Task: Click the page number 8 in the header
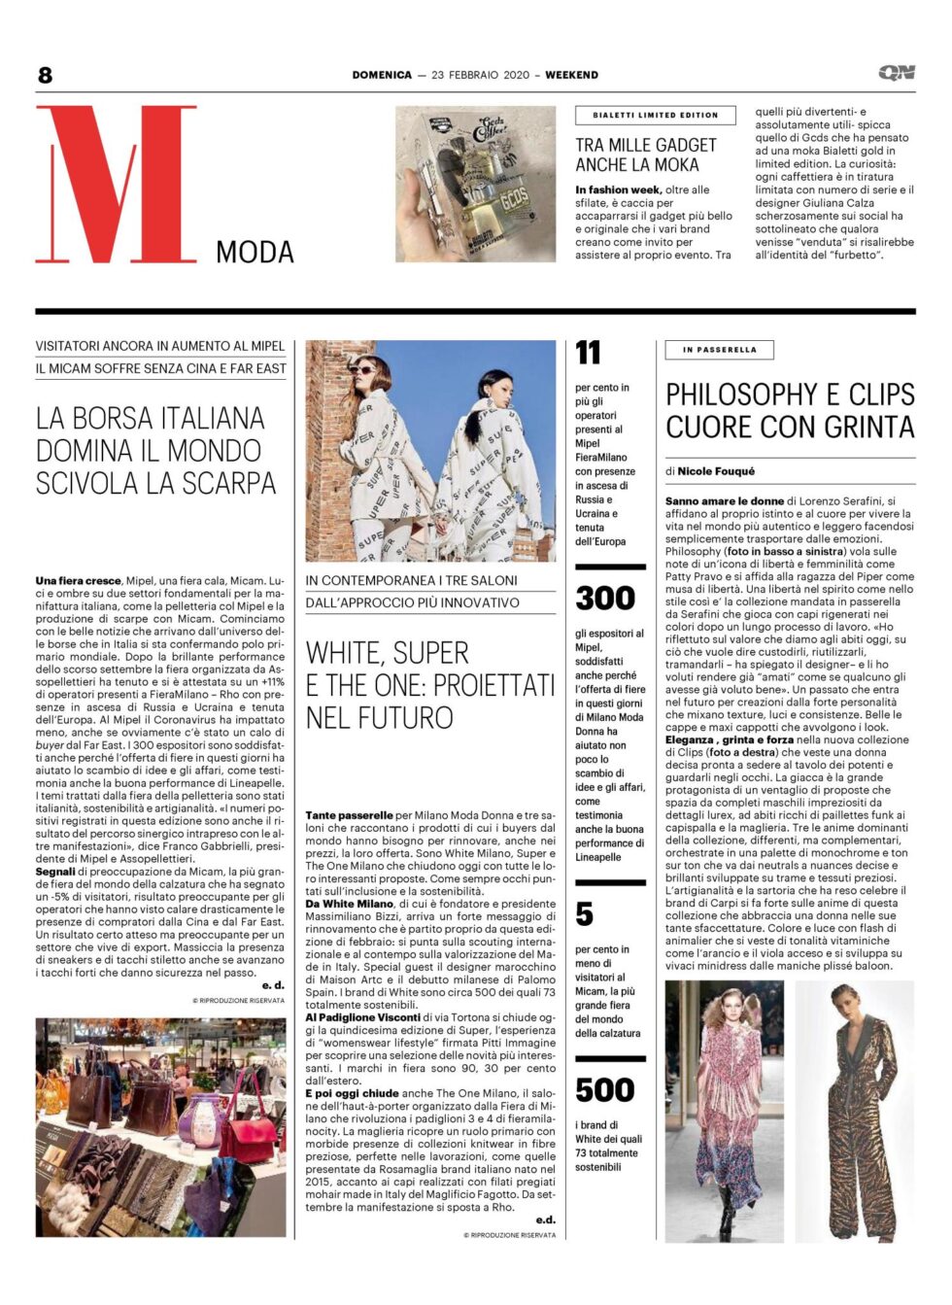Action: pyautogui.click(x=45, y=75)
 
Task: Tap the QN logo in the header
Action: pyautogui.click(x=896, y=73)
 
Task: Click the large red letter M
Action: pyautogui.click(x=117, y=185)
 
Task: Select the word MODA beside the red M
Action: pyautogui.click(x=255, y=253)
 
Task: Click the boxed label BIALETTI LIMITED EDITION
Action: pyautogui.click(x=656, y=115)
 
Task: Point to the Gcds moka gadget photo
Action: pyautogui.click(x=475, y=184)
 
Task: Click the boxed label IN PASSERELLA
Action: pyautogui.click(x=719, y=350)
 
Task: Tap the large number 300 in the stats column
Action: pyautogui.click(x=604, y=598)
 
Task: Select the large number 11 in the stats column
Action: pyautogui.click(x=588, y=353)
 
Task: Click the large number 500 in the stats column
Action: pyautogui.click(x=604, y=1090)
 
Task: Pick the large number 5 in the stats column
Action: pyautogui.click(x=584, y=914)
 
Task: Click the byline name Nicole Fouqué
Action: pyautogui.click(x=716, y=471)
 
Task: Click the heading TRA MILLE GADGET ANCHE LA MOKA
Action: pyautogui.click(x=646, y=155)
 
